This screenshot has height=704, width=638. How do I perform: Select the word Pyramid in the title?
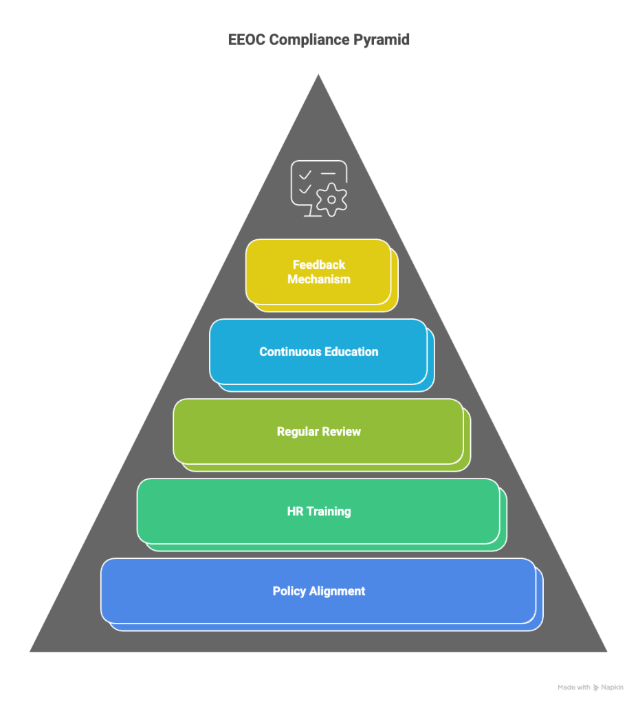(x=381, y=40)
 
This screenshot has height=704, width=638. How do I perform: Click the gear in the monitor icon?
(x=331, y=200)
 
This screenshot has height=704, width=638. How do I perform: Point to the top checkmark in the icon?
(x=305, y=174)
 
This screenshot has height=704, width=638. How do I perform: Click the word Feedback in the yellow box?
(x=319, y=265)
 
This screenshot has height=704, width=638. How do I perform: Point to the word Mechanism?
(x=319, y=279)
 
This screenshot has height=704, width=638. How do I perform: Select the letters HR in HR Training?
(x=295, y=511)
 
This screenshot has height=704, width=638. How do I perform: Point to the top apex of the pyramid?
(x=318, y=74)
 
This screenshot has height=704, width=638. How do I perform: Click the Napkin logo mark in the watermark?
(x=596, y=687)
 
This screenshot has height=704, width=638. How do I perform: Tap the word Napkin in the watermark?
(x=613, y=687)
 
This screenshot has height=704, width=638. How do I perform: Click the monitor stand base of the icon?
(x=313, y=216)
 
